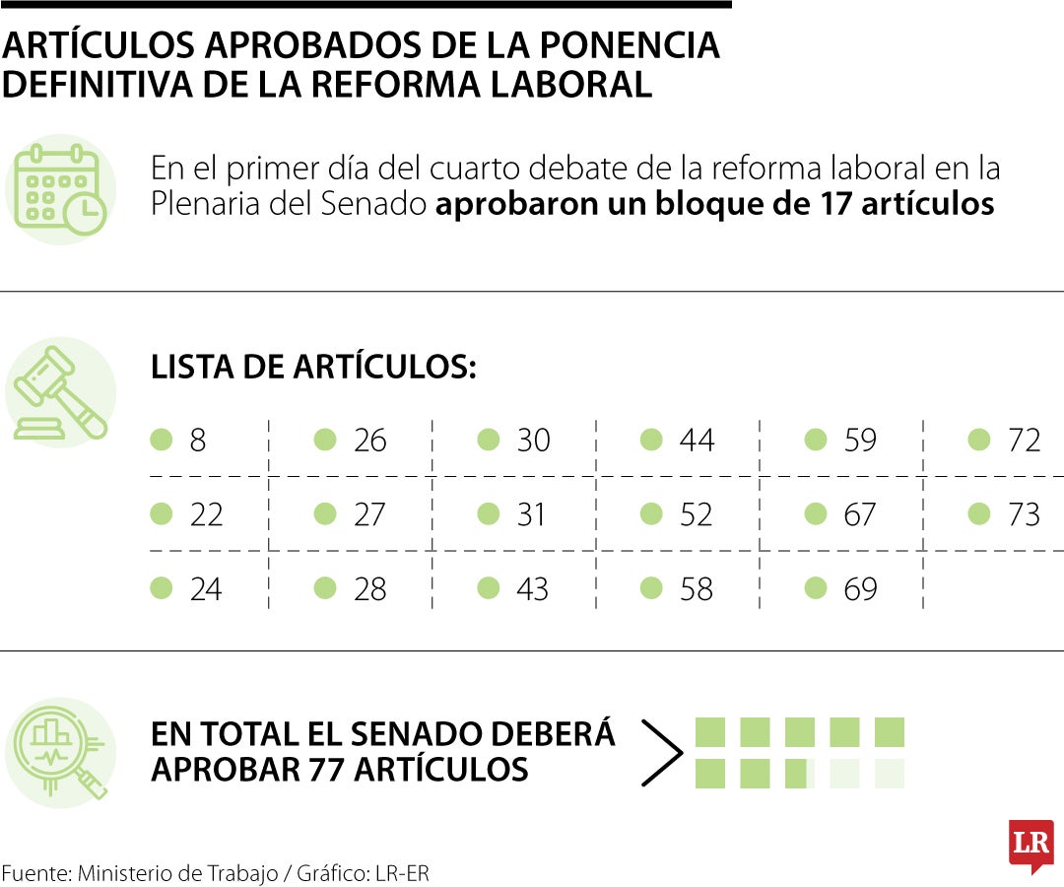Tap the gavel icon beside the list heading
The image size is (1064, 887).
pyautogui.click(x=61, y=392)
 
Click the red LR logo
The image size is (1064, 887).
pyautogui.click(x=1031, y=845)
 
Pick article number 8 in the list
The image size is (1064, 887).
pyautogui.click(x=198, y=441)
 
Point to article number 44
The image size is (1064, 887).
pyautogui.click(x=697, y=441)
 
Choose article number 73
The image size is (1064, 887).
pyautogui.click(x=1024, y=514)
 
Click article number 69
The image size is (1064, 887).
pyautogui.click(x=860, y=589)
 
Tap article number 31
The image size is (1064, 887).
pyautogui.click(x=532, y=514)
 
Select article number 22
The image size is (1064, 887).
pyautogui.click(x=206, y=514)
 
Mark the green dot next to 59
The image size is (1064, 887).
pyautogui.click(x=815, y=440)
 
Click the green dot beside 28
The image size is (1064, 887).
pyautogui.click(x=325, y=588)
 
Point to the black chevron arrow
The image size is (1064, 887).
pyautogui.click(x=662, y=753)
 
